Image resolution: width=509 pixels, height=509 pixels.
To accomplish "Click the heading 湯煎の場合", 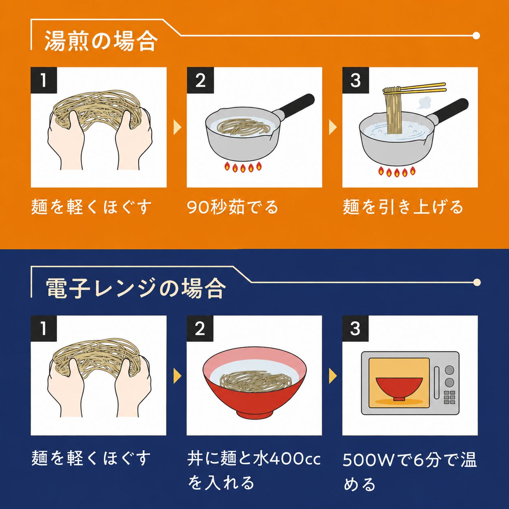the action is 101,41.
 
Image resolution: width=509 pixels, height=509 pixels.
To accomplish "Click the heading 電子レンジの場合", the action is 136,289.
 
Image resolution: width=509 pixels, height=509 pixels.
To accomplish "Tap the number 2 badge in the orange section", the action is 200,80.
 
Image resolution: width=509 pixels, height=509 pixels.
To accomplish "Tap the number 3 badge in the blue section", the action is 355,328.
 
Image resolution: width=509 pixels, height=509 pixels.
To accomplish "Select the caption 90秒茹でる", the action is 233,207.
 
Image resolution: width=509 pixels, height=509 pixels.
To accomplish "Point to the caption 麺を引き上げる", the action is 403,207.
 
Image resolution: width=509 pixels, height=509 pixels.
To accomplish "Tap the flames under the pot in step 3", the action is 397,172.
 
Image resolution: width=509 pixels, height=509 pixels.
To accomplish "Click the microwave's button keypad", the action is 449,397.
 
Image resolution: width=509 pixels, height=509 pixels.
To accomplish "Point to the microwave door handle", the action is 437,382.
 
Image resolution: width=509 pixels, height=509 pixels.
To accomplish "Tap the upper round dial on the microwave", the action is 449,370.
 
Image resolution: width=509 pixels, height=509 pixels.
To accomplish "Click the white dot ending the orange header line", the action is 476,35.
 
